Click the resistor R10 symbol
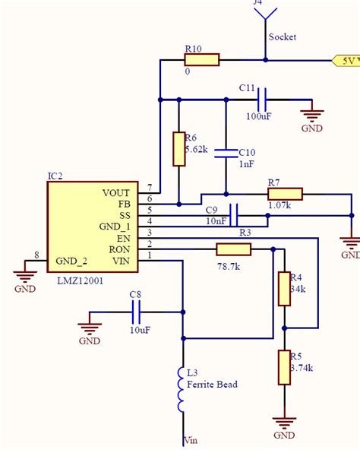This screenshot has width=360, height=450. tap(201, 59)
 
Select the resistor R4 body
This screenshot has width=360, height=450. tap(284, 288)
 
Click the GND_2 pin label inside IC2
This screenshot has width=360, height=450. tap(71, 261)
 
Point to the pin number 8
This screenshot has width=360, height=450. tap(36, 255)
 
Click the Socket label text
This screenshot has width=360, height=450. tap(282, 36)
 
